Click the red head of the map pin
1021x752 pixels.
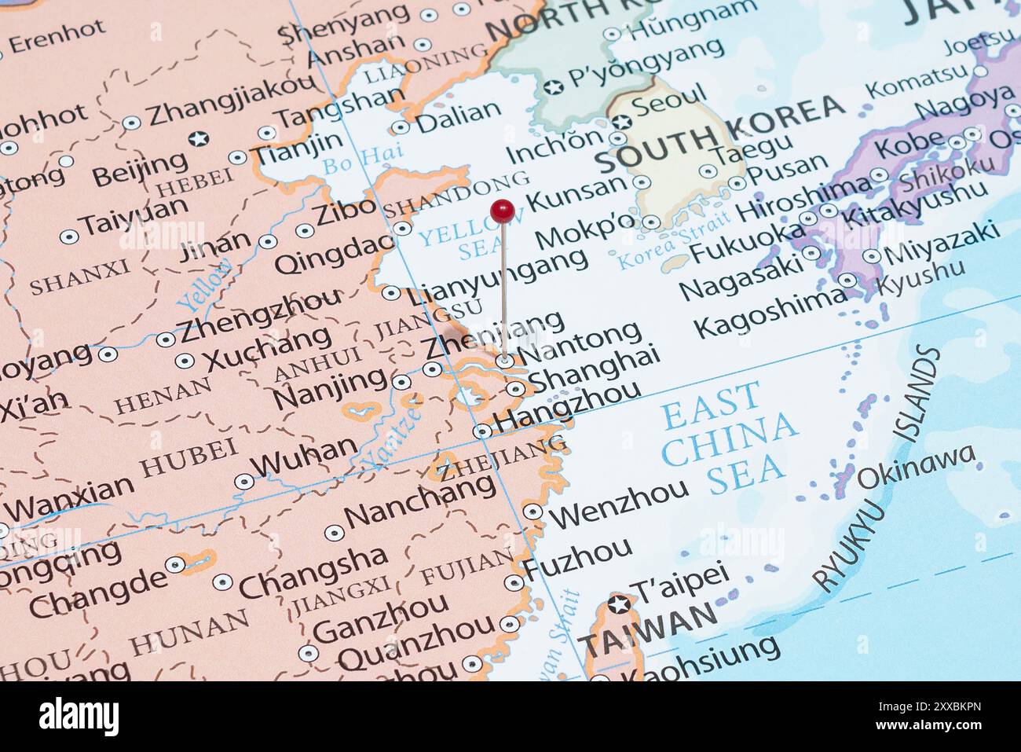(x=502, y=210)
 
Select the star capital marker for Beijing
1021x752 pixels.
(x=199, y=139)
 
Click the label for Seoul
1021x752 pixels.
(x=668, y=103)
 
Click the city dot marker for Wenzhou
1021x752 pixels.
(x=533, y=512)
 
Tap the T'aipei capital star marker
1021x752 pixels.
(x=620, y=604)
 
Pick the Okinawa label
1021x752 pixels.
(x=916, y=466)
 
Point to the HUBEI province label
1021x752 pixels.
(x=188, y=458)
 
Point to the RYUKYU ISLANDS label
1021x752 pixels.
(x=876, y=471)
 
